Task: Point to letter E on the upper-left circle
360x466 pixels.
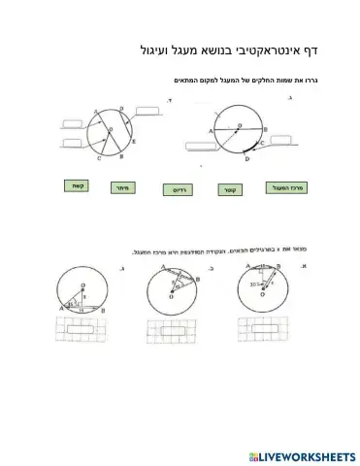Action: (136, 142)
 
